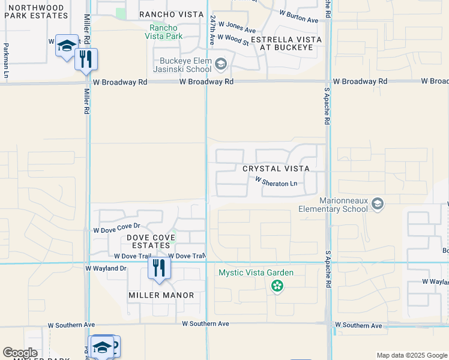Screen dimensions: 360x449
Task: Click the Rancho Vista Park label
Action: [163, 32]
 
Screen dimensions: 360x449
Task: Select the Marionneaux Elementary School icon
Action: [377, 204]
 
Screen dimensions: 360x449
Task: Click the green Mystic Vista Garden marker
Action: [277, 286]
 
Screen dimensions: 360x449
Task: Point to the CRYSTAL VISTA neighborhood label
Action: [276, 169]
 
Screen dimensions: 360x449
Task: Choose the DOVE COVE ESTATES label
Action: [151, 242]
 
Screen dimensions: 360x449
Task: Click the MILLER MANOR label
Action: [161, 295]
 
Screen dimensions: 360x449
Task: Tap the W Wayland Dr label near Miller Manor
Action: [106, 268]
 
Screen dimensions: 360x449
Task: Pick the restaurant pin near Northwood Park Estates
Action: [86, 59]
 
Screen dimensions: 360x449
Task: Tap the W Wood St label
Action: [233, 39]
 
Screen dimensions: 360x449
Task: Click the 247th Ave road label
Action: [212, 30]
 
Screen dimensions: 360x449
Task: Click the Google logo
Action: [20, 353]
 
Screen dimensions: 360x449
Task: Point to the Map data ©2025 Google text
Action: [411, 355]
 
